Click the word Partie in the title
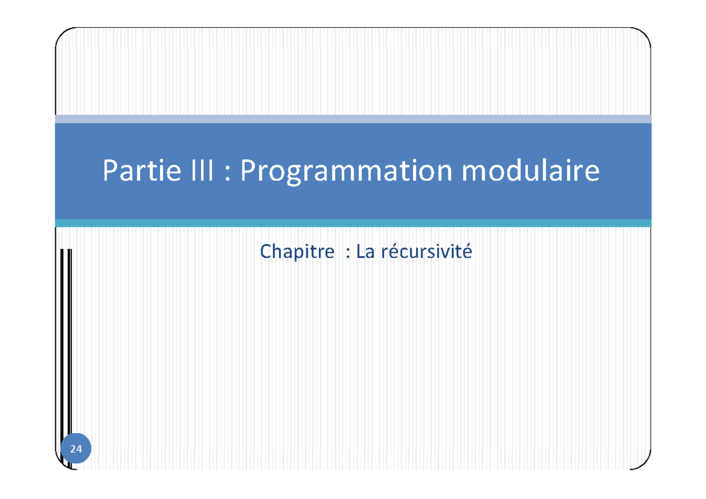141,171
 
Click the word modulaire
531,171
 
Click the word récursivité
427,252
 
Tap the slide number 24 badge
76,450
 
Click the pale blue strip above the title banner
353,119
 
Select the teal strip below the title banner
353,223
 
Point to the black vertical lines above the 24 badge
66,341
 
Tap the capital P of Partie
111,171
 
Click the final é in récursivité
468,252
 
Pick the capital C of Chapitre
265,252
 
